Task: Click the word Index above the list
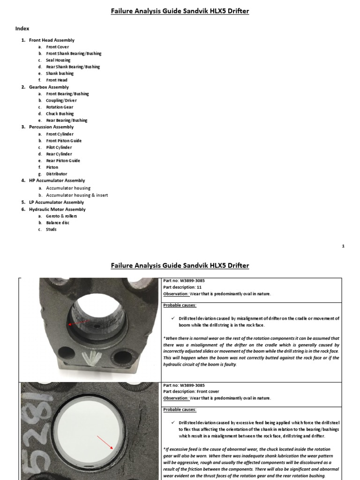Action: [x=22, y=29]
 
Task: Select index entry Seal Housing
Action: [x=58, y=60]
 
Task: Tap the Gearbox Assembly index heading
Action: [x=49, y=87]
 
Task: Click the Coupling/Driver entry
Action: [x=61, y=100]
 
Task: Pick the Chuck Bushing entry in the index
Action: [x=60, y=113]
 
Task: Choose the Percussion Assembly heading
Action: [x=51, y=127]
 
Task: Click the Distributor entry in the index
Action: [x=56, y=173]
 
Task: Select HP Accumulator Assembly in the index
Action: [x=57, y=180]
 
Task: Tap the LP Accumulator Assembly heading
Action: [x=56, y=202]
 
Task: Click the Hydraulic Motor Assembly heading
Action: [x=57, y=209]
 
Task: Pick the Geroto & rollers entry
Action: [x=61, y=216]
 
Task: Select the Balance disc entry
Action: [x=58, y=223]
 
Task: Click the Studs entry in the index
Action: [x=51, y=229]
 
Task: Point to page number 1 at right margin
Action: [x=343, y=246]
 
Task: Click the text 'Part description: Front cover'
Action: [x=191, y=391]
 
